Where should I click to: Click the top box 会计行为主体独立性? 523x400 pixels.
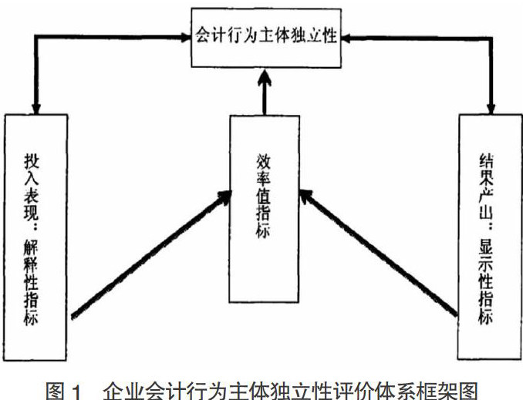click(266, 36)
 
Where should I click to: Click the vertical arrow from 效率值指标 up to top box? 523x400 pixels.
click(264, 91)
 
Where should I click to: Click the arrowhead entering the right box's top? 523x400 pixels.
click(490, 107)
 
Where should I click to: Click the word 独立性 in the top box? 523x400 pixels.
click(312, 36)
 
